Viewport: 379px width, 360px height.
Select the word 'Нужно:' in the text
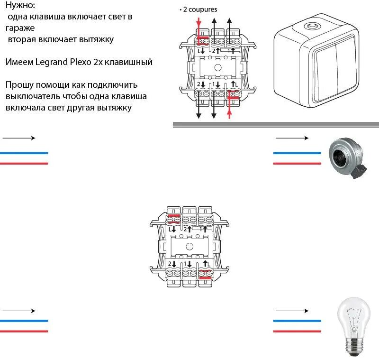(20, 6)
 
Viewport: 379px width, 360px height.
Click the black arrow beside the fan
(292, 138)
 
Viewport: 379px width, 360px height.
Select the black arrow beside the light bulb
(292, 311)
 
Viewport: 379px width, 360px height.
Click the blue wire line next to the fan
(292, 153)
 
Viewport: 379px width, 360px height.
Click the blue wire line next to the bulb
(292, 321)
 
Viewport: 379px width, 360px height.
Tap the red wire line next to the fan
(292, 164)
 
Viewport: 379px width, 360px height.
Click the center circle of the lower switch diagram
(189, 247)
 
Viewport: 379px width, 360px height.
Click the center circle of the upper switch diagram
(217, 67)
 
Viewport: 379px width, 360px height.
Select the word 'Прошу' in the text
(19, 85)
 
